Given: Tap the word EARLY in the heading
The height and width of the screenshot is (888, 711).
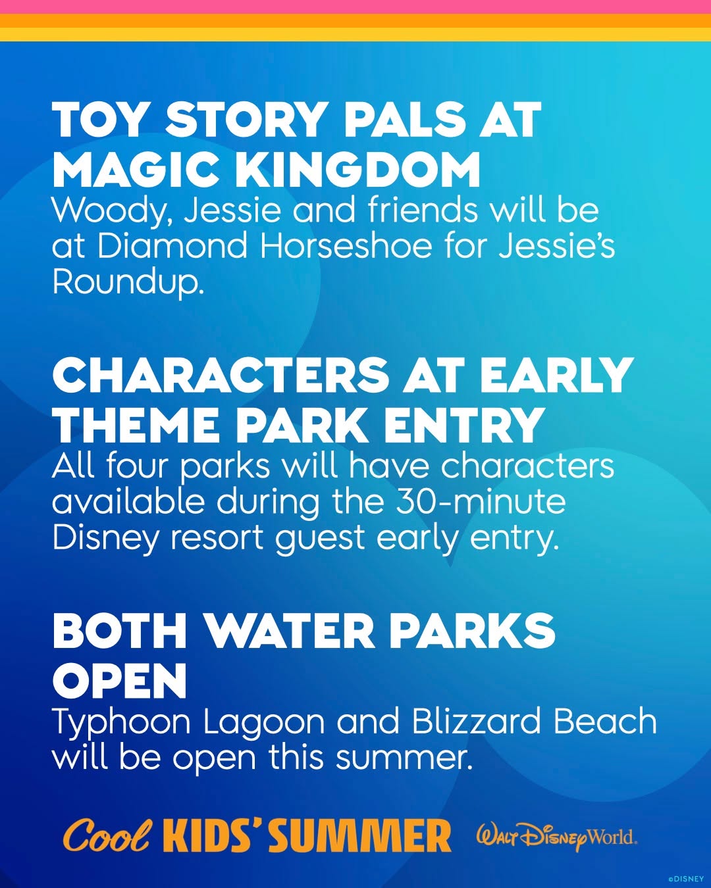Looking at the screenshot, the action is click(x=556, y=375).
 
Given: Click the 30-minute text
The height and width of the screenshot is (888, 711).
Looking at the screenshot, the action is click(x=481, y=501).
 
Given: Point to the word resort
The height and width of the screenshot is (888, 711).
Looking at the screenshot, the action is click(x=217, y=538).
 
